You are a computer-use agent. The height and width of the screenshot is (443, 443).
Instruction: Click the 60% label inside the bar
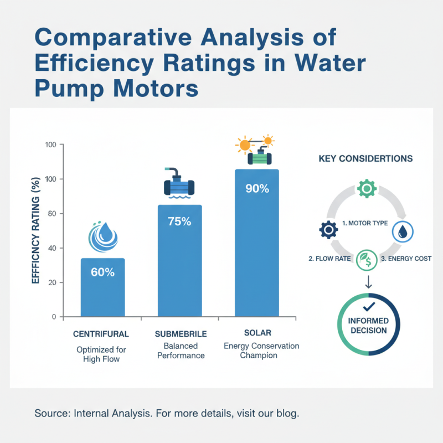tap(103, 272)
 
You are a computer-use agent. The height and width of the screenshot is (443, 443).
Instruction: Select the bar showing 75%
tap(180, 260)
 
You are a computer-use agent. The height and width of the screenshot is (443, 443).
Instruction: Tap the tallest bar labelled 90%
tap(257, 244)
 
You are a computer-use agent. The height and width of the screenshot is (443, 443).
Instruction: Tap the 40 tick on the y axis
tap(54, 248)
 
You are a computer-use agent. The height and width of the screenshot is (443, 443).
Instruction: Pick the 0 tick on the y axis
tap(55, 317)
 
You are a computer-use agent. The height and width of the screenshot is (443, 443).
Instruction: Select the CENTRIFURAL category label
tap(101, 334)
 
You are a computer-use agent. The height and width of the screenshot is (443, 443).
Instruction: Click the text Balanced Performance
tap(181, 350)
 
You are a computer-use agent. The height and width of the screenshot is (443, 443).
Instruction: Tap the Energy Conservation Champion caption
tap(261, 351)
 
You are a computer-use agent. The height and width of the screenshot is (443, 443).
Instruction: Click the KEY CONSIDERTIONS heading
tap(365, 158)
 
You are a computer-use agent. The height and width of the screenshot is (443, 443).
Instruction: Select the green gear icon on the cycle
tap(366, 189)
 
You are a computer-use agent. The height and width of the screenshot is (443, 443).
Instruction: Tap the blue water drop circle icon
tap(402, 231)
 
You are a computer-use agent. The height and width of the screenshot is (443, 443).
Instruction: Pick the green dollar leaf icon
tap(366, 260)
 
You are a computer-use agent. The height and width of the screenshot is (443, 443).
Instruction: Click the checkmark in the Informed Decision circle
tap(368, 306)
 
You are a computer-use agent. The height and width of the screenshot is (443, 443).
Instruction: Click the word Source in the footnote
tap(49, 413)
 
